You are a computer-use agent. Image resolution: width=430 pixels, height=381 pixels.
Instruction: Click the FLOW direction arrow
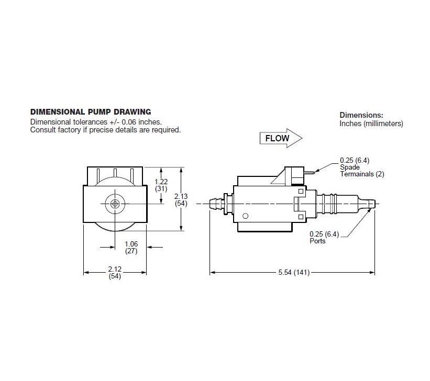(x=281, y=139)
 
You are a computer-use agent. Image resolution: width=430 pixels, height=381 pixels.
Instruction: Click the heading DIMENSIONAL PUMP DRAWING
(x=91, y=111)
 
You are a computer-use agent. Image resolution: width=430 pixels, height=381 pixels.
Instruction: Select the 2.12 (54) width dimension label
(x=115, y=273)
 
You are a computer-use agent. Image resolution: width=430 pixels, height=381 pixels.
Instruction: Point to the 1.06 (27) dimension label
(x=131, y=247)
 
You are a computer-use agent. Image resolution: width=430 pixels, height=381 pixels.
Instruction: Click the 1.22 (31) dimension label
(x=161, y=185)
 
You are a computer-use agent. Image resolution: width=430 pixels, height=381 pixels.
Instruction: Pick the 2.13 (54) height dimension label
(x=181, y=200)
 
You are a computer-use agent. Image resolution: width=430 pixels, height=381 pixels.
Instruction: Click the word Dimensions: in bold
(x=361, y=115)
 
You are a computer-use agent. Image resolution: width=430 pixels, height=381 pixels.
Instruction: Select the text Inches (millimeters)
(x=371, y=124)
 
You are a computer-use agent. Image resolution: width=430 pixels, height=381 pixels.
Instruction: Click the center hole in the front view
(x=115, y=204)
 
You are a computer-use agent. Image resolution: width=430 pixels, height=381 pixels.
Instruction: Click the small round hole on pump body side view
(x=245, y=216)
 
